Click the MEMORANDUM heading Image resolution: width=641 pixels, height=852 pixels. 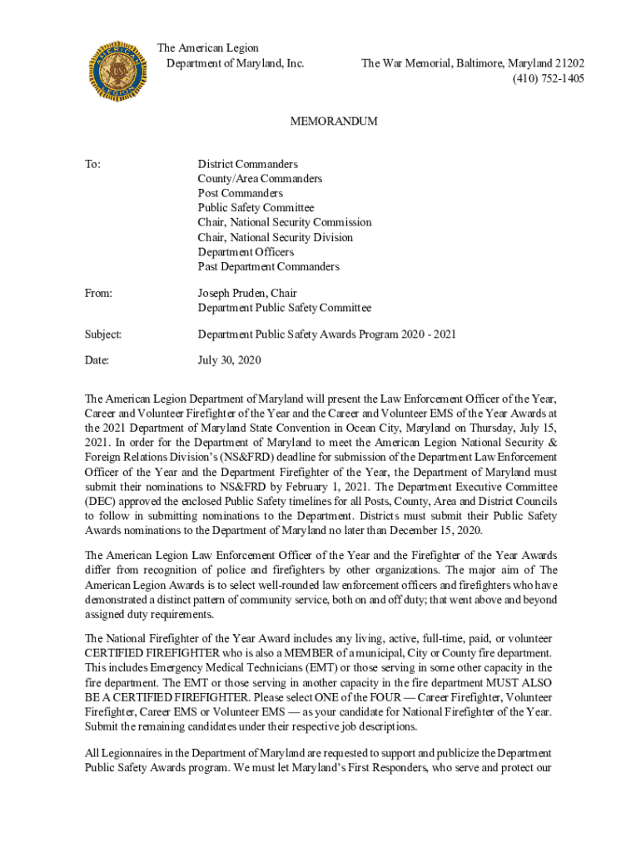point(333,121)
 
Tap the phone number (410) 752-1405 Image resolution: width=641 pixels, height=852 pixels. point(548,78)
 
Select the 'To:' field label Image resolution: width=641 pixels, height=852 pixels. point(93,164)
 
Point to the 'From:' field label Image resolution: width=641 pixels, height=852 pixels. point(98,293)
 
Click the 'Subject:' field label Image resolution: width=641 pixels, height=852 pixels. point(103,334)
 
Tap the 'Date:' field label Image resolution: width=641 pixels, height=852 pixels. point(97,360)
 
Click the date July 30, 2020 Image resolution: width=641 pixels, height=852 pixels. point(229,360)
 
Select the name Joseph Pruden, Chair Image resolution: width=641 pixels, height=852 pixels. point(247,293)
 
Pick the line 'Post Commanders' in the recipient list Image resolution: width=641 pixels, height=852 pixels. point(240,193)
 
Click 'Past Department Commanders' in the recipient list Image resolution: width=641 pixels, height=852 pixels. point(268,267)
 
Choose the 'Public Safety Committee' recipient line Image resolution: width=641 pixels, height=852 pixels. point(256,208)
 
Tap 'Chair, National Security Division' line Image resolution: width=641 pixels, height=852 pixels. point(275,237)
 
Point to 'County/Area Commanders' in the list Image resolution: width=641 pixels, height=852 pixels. point(260,178)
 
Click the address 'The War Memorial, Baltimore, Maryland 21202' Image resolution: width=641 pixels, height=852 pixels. point(472,63)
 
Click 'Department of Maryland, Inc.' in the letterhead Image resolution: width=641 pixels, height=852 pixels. point(236,63)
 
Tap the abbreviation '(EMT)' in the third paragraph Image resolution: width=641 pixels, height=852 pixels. point(290,667)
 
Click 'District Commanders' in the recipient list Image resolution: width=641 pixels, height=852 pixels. point(247,164)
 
